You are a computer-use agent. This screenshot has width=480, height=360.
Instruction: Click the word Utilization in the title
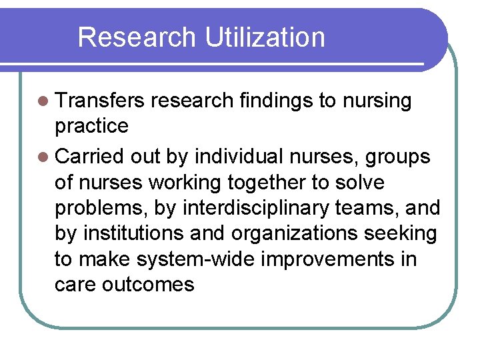tap(265, 37)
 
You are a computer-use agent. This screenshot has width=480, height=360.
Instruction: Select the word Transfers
tap(100, 101)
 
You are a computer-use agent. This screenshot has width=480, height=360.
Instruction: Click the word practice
tap(91, 126)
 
